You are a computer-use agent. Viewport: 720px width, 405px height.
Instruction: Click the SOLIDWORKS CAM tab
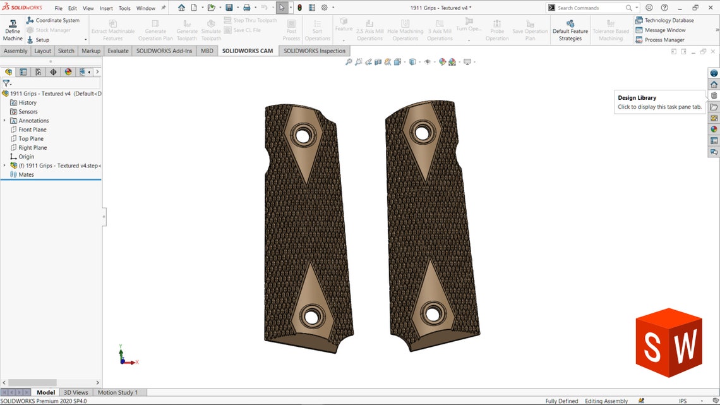pyautogui.click(x=248, y=51)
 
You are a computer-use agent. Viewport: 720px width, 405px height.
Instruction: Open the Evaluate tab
pyautogui.click(x=117, y=51)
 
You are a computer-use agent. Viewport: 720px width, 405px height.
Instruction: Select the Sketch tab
pyautogui.click(x=66, y=51)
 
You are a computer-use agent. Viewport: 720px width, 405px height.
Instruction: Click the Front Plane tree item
pyautogui.click(x=32, y=130)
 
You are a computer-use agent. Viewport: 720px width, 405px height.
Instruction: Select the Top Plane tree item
pyautogui.click(x=31, y=138)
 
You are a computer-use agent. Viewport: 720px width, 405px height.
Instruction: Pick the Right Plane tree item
pyautogui.click(x=32, y=147)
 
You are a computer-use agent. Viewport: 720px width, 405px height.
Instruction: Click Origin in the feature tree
pyautogui.click(x=26, y=156)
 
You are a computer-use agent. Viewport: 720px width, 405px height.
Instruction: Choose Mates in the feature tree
pyautogui.click(x=26, y=174)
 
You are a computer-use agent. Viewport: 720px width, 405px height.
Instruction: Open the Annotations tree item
pyautogui.click(x=33, y=121)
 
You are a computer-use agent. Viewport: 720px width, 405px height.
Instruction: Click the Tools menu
pyautogui.click(x=124, y=8)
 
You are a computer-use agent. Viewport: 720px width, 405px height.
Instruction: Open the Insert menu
pyautogui.click(x=106, y=8)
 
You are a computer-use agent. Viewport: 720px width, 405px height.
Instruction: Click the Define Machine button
pyautogui.click(x=13, y=30)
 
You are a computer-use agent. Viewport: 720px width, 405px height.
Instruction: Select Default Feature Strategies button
pyautogui.click(x=570, y=30)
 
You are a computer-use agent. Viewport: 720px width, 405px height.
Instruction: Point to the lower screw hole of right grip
pyautogui.click(x=433, y=313)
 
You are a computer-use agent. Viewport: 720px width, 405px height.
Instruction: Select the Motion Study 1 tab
pyautogui.click(x=117, y=392)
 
